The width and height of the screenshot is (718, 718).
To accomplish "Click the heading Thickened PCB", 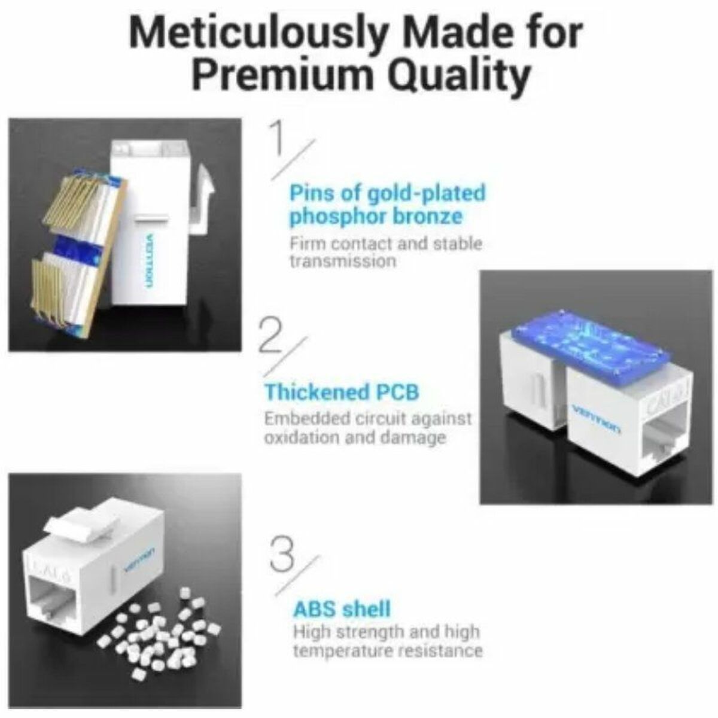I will pos(342,393).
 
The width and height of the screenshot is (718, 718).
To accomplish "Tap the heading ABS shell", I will pos(342,609).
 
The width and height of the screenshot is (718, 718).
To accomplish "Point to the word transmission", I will pos(342,261).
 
